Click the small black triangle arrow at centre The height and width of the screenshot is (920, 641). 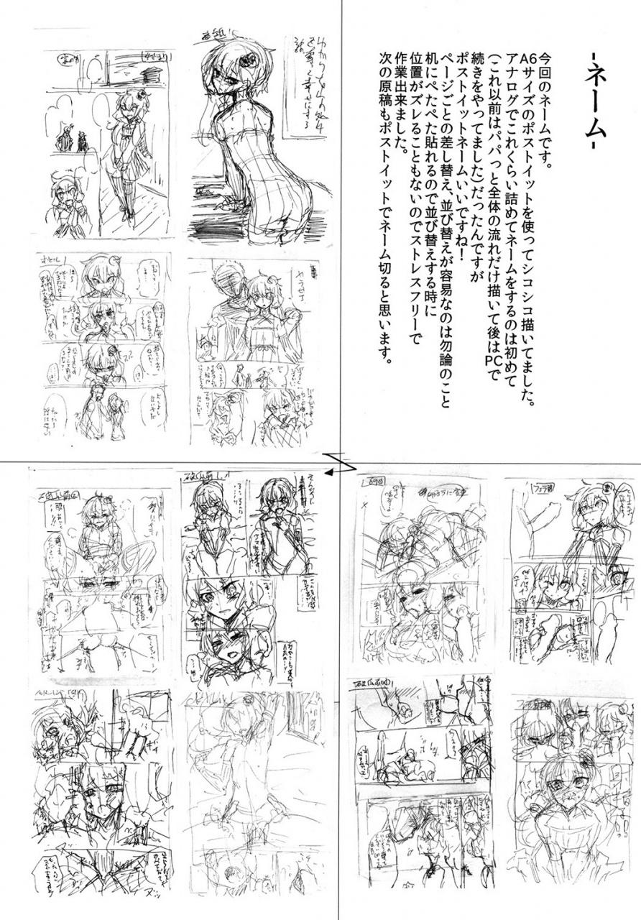328,473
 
